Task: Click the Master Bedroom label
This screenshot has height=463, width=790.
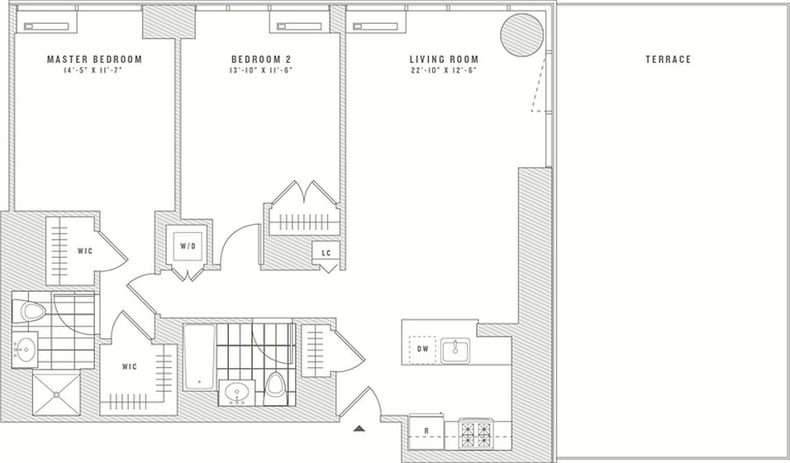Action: pos(94,60)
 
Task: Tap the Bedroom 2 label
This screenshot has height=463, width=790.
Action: pos(260,60)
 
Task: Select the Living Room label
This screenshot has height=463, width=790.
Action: pos(444,60)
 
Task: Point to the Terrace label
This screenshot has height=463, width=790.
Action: pos(668,60)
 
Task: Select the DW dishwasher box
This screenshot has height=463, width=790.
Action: pos(423,350)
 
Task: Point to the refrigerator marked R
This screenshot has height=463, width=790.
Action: pos(425,431)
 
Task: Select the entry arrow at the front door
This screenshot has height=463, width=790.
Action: pos(359,428)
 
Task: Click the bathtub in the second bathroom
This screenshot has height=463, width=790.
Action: pos(198,357)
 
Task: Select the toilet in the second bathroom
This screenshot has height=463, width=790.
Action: pos(274,384)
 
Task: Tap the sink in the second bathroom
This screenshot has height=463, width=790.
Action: pos(238,393)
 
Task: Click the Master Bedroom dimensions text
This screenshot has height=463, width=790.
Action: pos(94,71)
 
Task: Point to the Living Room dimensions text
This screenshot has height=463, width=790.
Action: pos(444,71)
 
